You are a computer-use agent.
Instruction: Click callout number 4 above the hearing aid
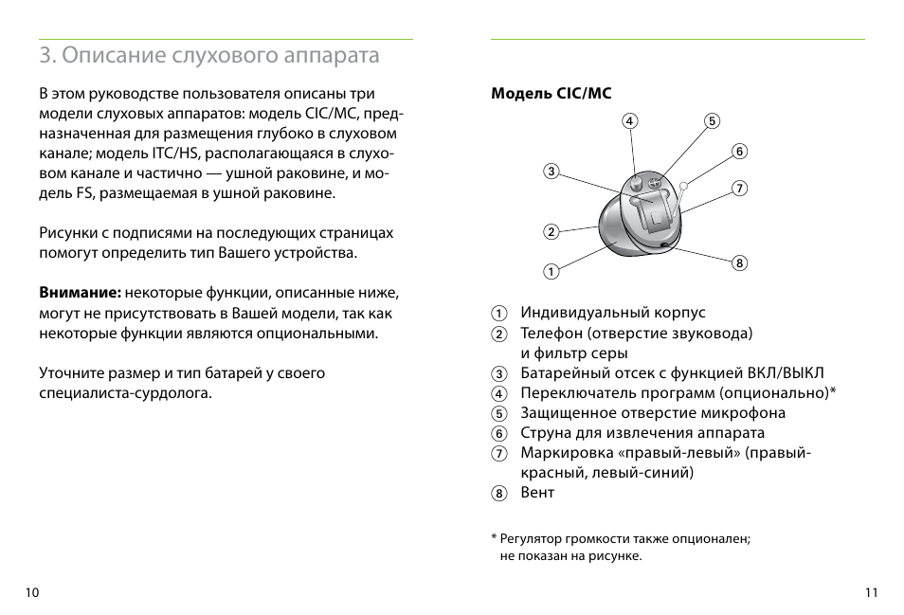[x=630, y=120]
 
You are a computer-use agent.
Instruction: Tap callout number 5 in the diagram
[x=712, y=120]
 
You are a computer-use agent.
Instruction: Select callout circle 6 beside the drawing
[x=740, y=152]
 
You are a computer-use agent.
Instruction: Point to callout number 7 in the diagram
[x=740, y=189]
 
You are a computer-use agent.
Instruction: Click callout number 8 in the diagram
[x=740, y=262]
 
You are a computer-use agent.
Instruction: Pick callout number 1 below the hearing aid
[x=550, y=272]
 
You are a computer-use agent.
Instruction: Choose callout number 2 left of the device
[x=550, y=231]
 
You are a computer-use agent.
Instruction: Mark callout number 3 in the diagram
[x=550, y=172]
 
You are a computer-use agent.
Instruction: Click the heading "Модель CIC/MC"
[x=551, y=93]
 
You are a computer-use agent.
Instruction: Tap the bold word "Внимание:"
[x=80, y=293]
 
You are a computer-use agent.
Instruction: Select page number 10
[x=33, y=592]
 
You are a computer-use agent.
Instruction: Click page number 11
[x=871, y=592]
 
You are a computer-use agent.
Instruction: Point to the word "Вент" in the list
[x=537, y=493]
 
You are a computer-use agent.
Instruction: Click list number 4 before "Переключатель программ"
[x=498, y=393]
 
